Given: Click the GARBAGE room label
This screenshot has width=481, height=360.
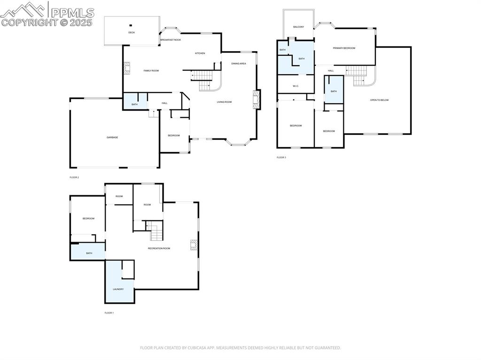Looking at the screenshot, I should (x=112, y=137).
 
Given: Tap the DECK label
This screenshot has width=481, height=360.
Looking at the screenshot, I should (x=132, y=32).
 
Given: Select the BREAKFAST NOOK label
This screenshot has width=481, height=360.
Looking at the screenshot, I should (x=171, y=40).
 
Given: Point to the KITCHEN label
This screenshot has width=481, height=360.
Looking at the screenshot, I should (x=200, y=53).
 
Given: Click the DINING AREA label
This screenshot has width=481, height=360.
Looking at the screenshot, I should (x=239, y=63).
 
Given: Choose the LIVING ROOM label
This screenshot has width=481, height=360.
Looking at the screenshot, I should (x=224, y=102).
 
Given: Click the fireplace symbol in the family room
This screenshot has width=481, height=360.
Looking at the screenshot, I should (x=126, y=69).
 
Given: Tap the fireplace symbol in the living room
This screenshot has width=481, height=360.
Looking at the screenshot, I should (x=256, y=99).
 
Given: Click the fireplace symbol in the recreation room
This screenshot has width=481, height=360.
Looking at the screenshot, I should (x=193, y=245).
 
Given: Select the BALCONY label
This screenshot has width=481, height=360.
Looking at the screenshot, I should (x=298, y=27).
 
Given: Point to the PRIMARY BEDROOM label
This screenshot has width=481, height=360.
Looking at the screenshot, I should (x=344, y=48).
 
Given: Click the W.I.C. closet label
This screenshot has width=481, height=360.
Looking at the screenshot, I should (x=295, y=86).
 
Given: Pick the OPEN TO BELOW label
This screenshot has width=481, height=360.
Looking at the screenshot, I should (x=379, y=100).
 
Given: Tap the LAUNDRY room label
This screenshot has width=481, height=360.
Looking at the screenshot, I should (x=118, y=289).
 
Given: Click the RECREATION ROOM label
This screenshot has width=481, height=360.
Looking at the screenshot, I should (x=159, y=248).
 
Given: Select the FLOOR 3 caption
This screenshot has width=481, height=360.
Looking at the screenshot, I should (x=281, y=157).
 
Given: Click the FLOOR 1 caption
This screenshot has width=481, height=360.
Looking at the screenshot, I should (x=109, y=313).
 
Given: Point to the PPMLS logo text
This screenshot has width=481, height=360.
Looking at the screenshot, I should (x=72, y=12).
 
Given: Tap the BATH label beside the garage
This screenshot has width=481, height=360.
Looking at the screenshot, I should (x=134, y=104).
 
